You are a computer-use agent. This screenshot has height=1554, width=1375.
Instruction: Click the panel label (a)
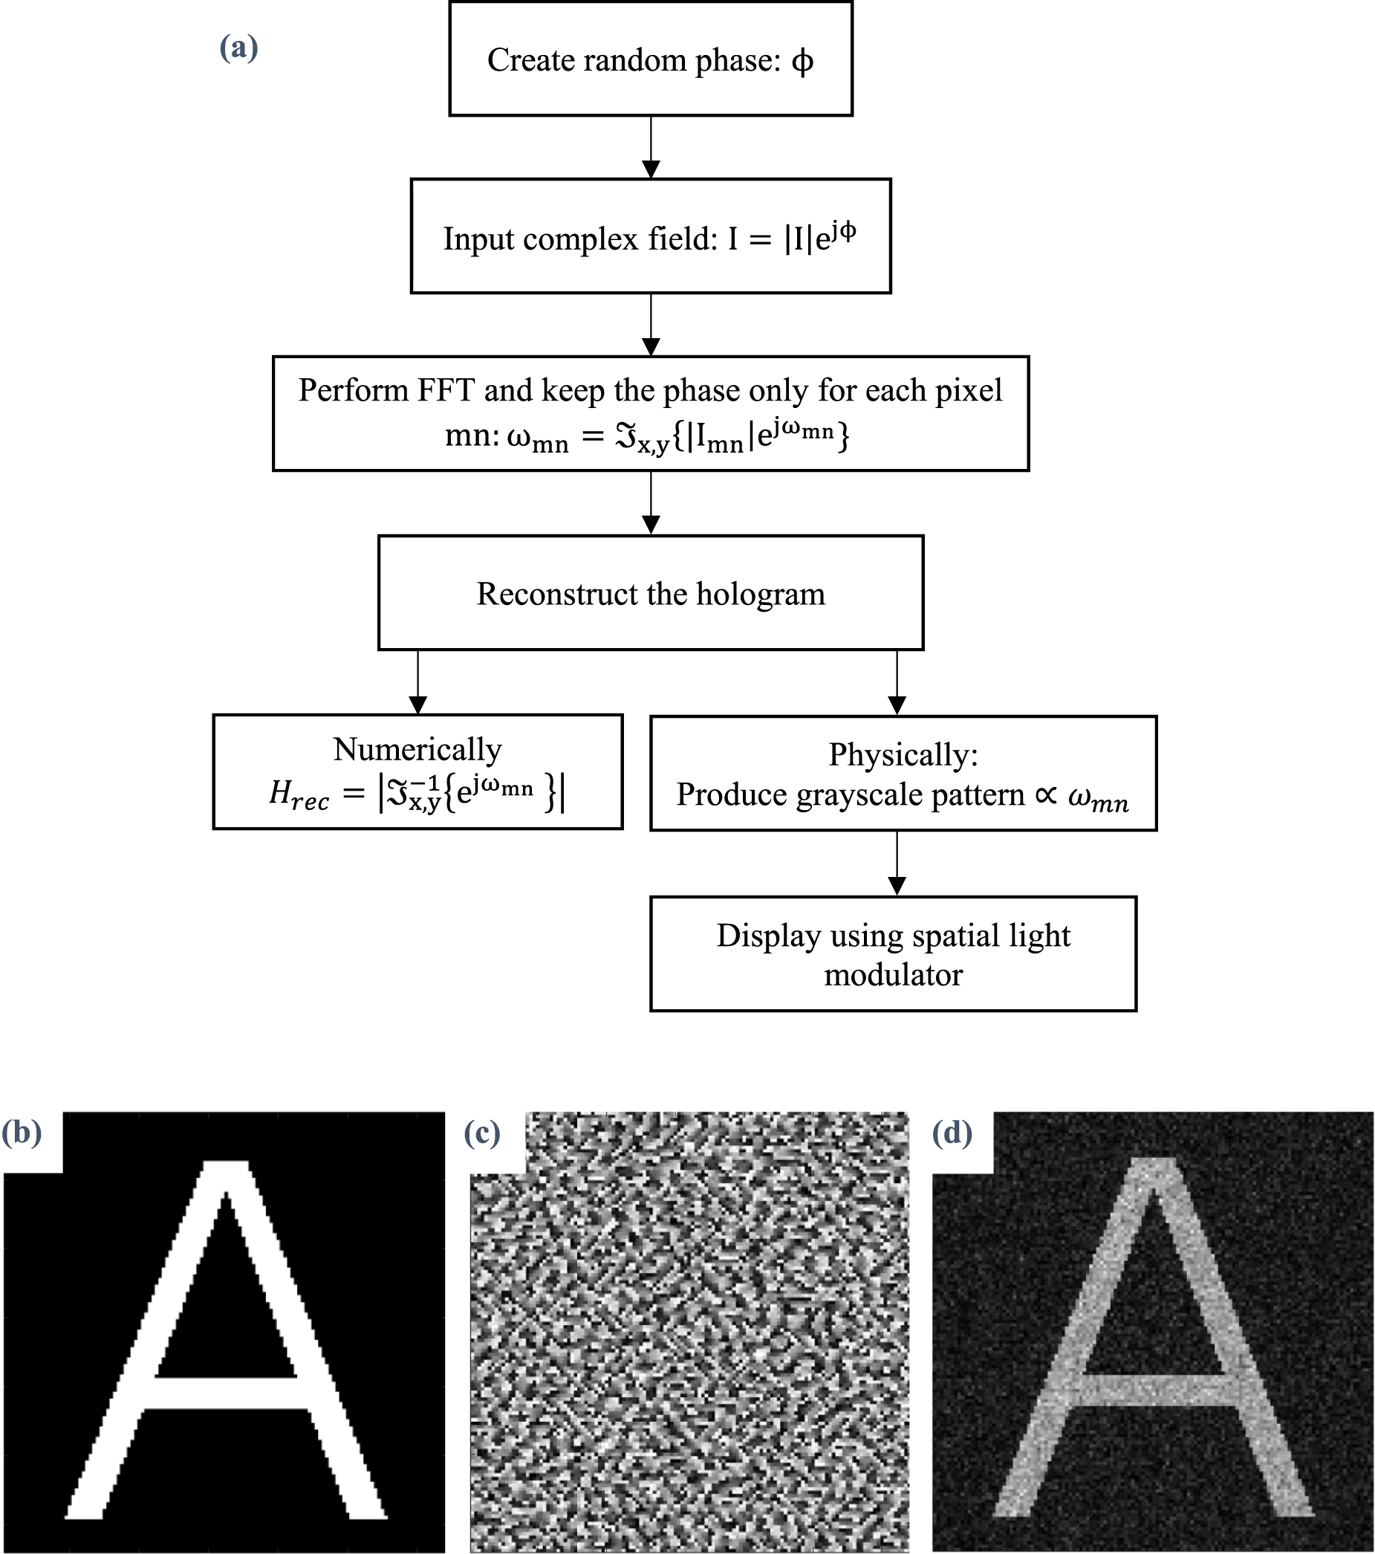pyautogui.click(x=238, y=48)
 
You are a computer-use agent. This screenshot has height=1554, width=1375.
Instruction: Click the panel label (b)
pyautogui.click(x=22, y=1132)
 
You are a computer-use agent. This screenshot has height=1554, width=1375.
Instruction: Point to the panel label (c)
pyautogui.click(x=482, y=1133)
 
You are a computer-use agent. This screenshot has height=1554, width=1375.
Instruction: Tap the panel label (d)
pyautogui.click(x=952, y=1133)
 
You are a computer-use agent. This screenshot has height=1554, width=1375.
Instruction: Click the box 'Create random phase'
pyautogui.click(x=651, y=59)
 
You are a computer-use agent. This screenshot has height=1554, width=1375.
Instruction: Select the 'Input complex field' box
pyautogui.click(x=651, y=237)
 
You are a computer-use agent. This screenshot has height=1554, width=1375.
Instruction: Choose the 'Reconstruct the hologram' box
pyautogui.click(x=651, y=594)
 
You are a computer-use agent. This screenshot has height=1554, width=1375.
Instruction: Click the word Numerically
pyautogui.click(x=417, y=750)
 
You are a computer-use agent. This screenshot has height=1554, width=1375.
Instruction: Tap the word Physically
pyautogui.click(x=903, y=755)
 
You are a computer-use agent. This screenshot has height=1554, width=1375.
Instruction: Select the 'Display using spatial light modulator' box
pyautogui.click(x=893, y=955)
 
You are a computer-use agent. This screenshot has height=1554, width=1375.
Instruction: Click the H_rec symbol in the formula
pyautogui.click(x=299, y=795)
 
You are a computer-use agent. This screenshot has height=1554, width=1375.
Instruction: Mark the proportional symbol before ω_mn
pyautogui.click(x=1046, y=795)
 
